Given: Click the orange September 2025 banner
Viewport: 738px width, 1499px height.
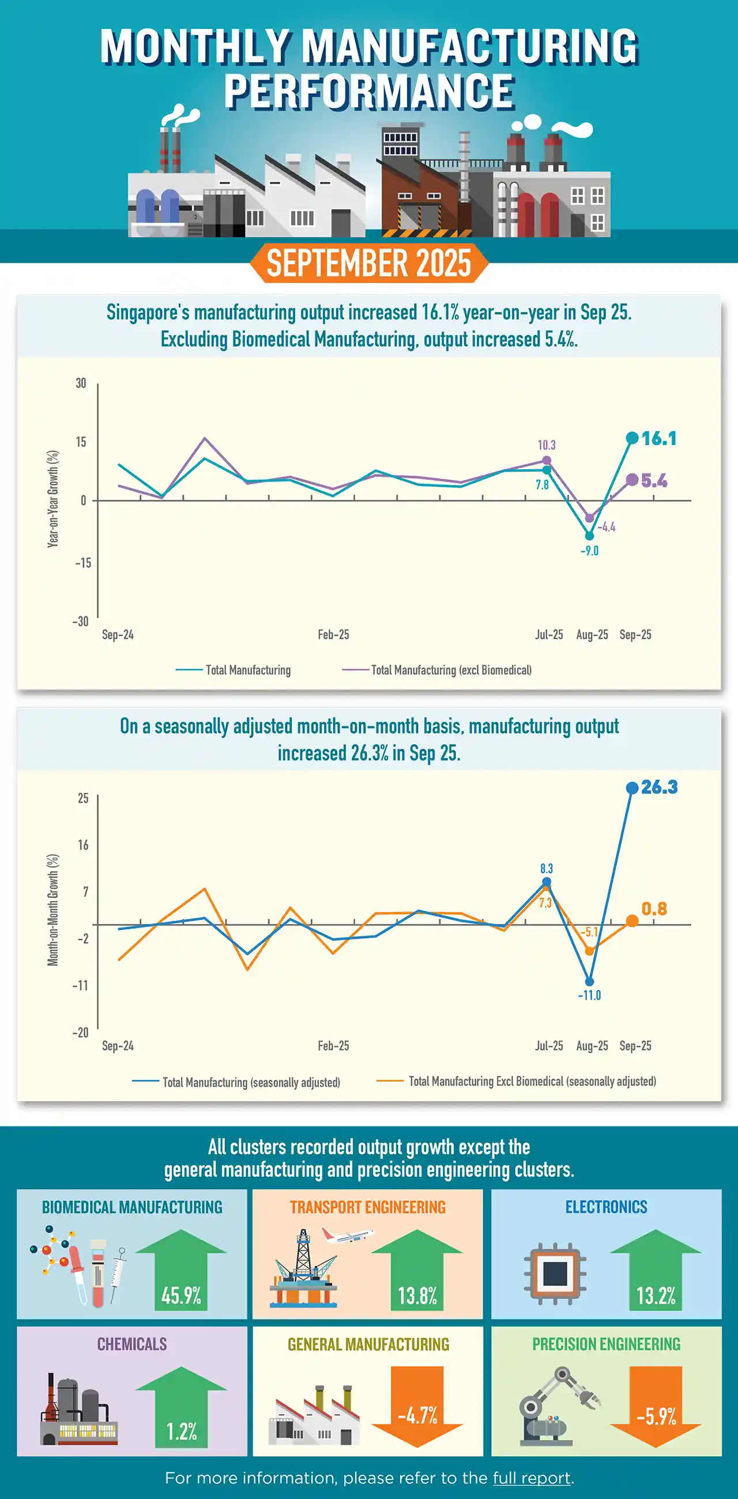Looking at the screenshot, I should (x=368, y=263).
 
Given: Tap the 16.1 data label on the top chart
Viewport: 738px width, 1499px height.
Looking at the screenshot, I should (x=659, y=439).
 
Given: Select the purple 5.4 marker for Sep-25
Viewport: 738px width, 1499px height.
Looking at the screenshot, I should (x=632, y=480).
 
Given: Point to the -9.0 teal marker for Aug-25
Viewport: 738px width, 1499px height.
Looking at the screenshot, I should (x=589, y=536).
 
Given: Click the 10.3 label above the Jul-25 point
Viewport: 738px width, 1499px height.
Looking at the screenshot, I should (x=547, y=445).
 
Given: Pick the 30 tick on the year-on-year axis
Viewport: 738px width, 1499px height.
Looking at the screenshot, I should (x=81, y=383).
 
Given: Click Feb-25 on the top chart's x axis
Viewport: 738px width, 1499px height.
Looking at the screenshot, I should (x=333, y=634).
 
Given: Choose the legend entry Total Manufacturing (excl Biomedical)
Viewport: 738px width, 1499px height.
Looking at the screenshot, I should (x=450, y=670).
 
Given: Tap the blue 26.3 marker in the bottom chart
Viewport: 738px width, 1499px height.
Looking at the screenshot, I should (x=632, y=788).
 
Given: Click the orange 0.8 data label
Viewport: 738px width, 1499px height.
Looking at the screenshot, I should (x=654, y=909).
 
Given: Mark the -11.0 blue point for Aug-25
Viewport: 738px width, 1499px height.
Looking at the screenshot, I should (x=589, y=982).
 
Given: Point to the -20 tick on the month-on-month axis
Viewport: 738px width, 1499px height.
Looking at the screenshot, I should (x=80, y=1033).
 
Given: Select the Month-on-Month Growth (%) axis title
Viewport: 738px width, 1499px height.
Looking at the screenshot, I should (x=53, y=910).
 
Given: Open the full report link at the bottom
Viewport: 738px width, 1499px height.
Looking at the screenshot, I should (x=532, y=1478).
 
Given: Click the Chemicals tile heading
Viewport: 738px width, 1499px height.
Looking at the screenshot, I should (x=132, y=1344).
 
